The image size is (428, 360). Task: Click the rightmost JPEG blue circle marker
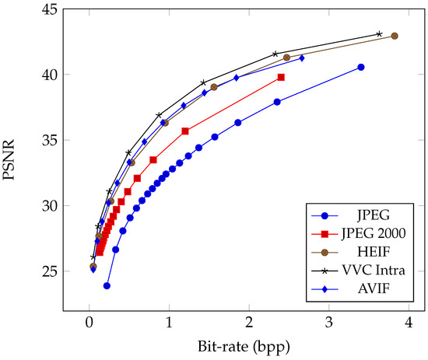(x=360, y=68)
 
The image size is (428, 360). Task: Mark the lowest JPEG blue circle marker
(x=107, y=286)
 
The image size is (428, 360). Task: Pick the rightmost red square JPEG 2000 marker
(x=281, y=77)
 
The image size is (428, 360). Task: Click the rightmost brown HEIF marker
(x=395, y=36)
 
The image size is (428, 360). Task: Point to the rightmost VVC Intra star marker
(x=379, y=33)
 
